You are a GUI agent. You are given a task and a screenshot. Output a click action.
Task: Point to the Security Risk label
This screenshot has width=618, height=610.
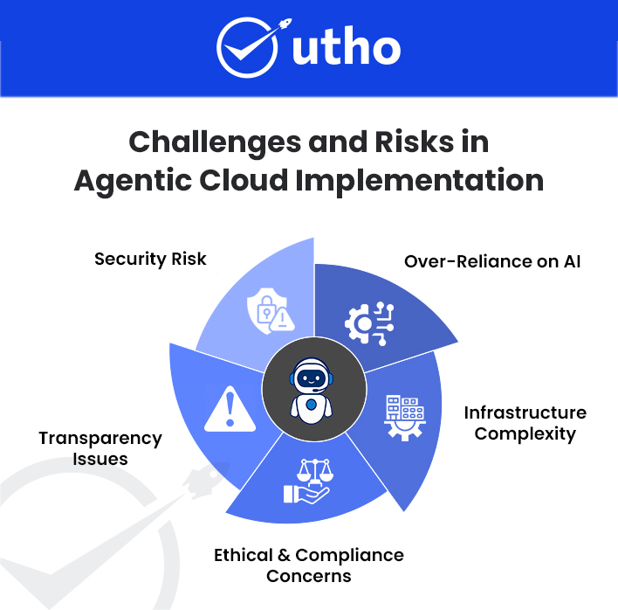point(151,259)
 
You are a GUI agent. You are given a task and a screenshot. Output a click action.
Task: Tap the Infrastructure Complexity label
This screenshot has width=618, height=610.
point(525,423)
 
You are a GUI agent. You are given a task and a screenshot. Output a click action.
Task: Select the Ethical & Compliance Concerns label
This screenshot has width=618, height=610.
point(309,565)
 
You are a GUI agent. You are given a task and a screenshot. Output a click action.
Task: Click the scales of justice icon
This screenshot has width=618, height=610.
point(306,482)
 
